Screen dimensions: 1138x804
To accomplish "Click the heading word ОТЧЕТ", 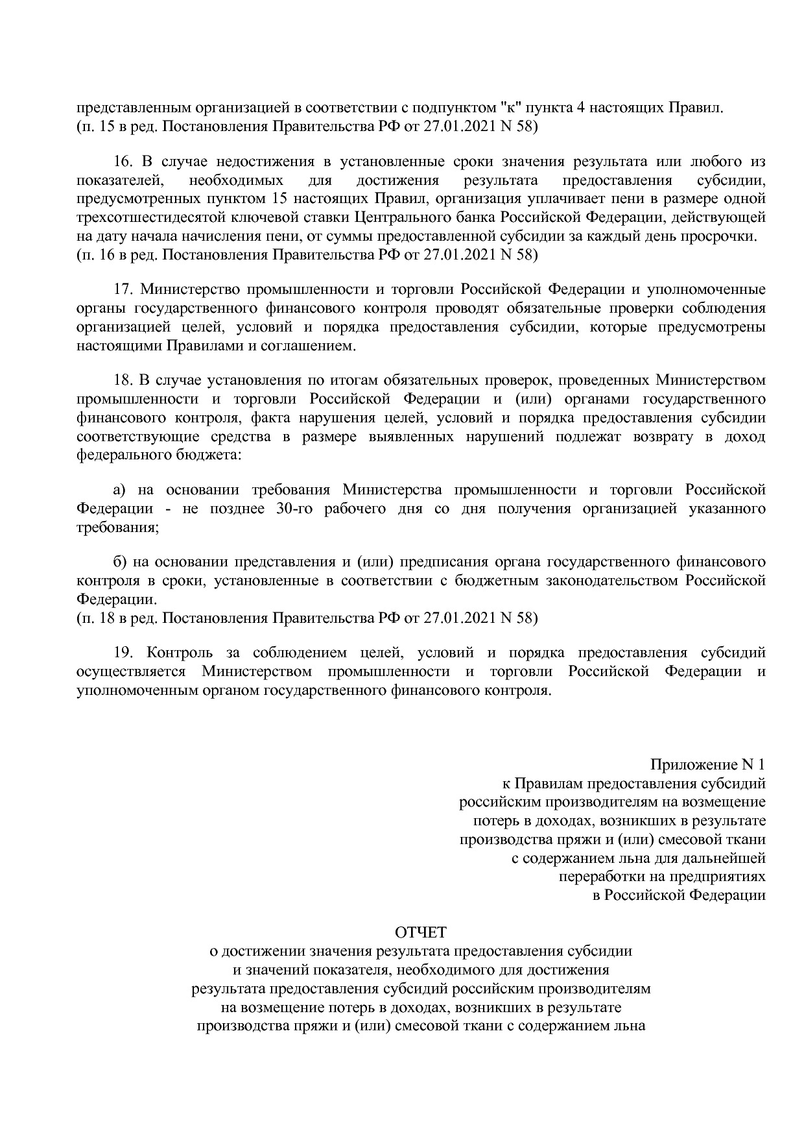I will coord(421,933).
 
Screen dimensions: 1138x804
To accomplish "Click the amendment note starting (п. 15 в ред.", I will coord(307,127).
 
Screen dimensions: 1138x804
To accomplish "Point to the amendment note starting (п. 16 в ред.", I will coord(307,254).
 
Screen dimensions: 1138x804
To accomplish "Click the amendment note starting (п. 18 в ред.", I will coord(307,618).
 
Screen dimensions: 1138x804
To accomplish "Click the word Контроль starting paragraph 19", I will coord(181,652).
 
